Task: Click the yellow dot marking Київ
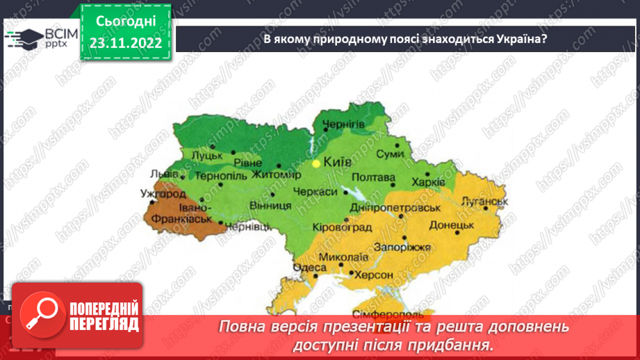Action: pos(316,163)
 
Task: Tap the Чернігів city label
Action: pos(343,124)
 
